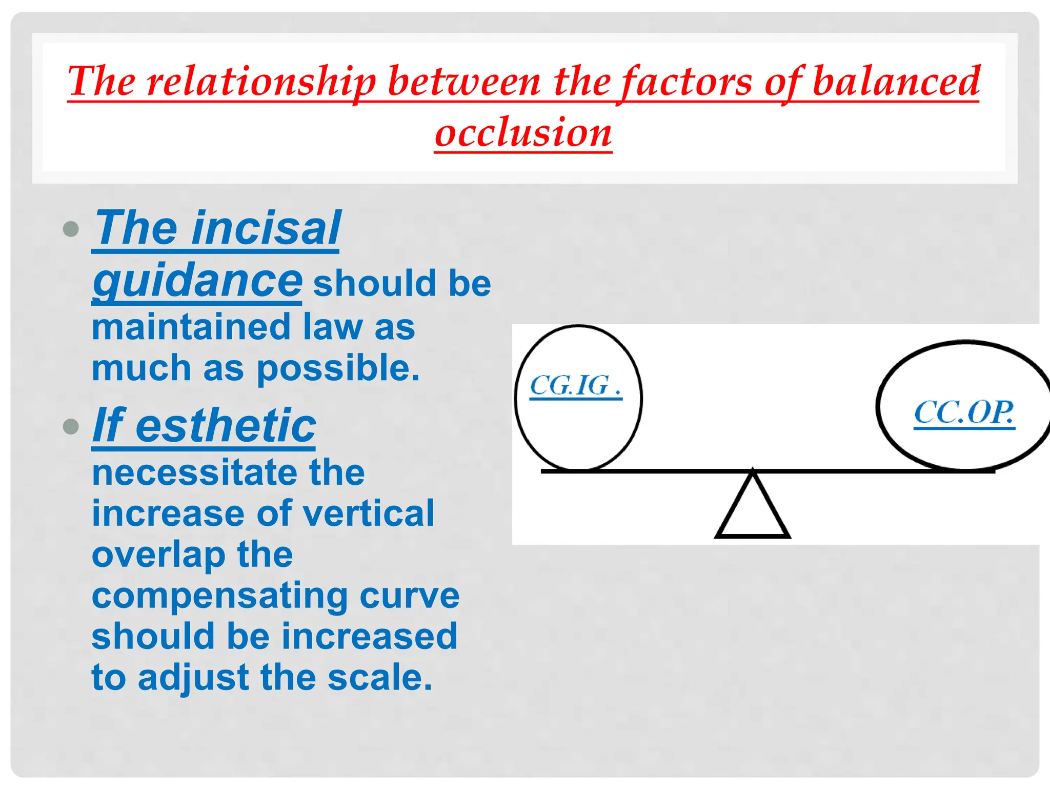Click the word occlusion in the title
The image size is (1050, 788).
pos(523,132)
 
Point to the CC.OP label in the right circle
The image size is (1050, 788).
pos(964,413)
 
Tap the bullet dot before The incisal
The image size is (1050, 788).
pos(71,229)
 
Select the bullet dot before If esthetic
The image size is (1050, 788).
pos(71,426)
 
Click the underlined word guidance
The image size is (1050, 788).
pos(197,281)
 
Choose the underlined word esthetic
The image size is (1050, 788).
pos(226,425)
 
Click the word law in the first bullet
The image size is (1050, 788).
pos(333,327)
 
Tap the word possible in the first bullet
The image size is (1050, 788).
pos(338,368)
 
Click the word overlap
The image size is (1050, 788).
pos(158,556)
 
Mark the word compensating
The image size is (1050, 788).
pos(219,597)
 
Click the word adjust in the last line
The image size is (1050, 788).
pos(194,678)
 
